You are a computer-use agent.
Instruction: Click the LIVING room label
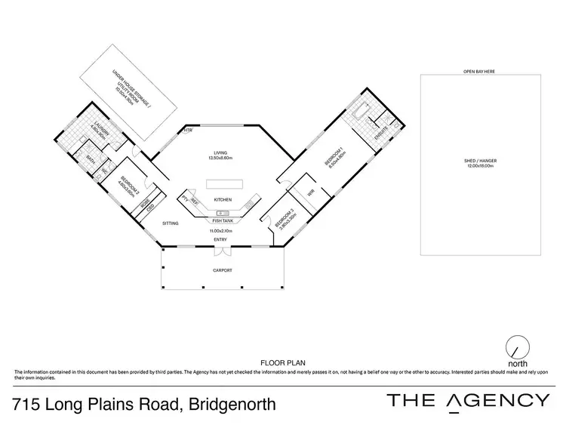tap(221, 153)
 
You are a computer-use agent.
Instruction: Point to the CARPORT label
tap(221, 269)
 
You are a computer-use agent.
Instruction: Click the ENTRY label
tap(221, 239)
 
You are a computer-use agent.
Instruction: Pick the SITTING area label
tap(171, 223)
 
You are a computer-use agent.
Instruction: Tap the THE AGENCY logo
tap(467, 401)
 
